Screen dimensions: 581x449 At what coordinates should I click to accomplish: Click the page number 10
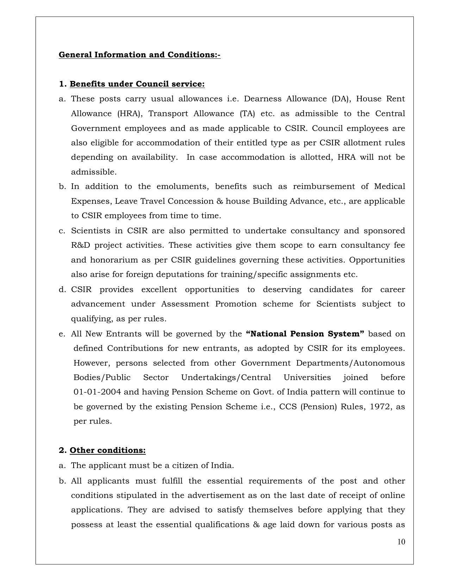point(401,542)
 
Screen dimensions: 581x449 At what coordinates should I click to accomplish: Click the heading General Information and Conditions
point(139,55)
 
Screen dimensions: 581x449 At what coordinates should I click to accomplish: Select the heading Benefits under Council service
point(137,84)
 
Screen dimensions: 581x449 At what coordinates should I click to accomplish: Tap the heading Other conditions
point(107,450)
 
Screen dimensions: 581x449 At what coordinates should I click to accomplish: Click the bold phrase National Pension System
point(305,334)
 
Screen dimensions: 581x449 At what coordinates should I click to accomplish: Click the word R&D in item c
point(80,245)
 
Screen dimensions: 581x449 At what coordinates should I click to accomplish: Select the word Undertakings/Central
point(226,378)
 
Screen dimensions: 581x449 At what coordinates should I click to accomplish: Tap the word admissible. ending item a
point(94,172)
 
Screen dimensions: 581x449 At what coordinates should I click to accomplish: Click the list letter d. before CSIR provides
point(62,290)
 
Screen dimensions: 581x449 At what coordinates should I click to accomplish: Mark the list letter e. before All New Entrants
point(62,334)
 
